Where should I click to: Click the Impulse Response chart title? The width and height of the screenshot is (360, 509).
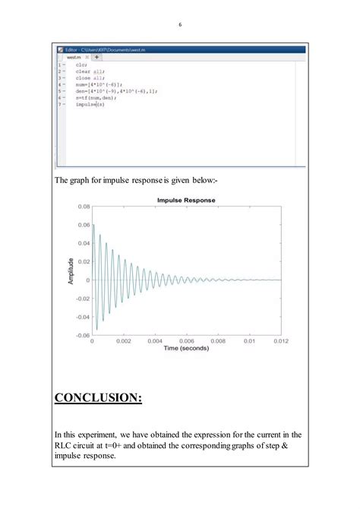tap(186, 200)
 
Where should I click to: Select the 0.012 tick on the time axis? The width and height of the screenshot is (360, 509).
tap(281, 342)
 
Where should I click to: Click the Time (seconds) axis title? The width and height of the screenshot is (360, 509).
tap(186, 349)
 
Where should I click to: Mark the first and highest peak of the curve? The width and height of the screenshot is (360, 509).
tap(93, 225)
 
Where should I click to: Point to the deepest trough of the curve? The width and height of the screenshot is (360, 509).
tap(96, 329)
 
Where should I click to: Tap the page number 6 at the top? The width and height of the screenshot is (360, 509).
tap(180, 24)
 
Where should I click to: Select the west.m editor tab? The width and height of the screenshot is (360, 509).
tap(74, 57)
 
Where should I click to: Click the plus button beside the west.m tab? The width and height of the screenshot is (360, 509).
tap(96, 57)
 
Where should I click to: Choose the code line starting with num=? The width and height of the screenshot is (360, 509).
tap(95, 84)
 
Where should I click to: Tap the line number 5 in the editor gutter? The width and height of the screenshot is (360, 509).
tap(59, 91)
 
